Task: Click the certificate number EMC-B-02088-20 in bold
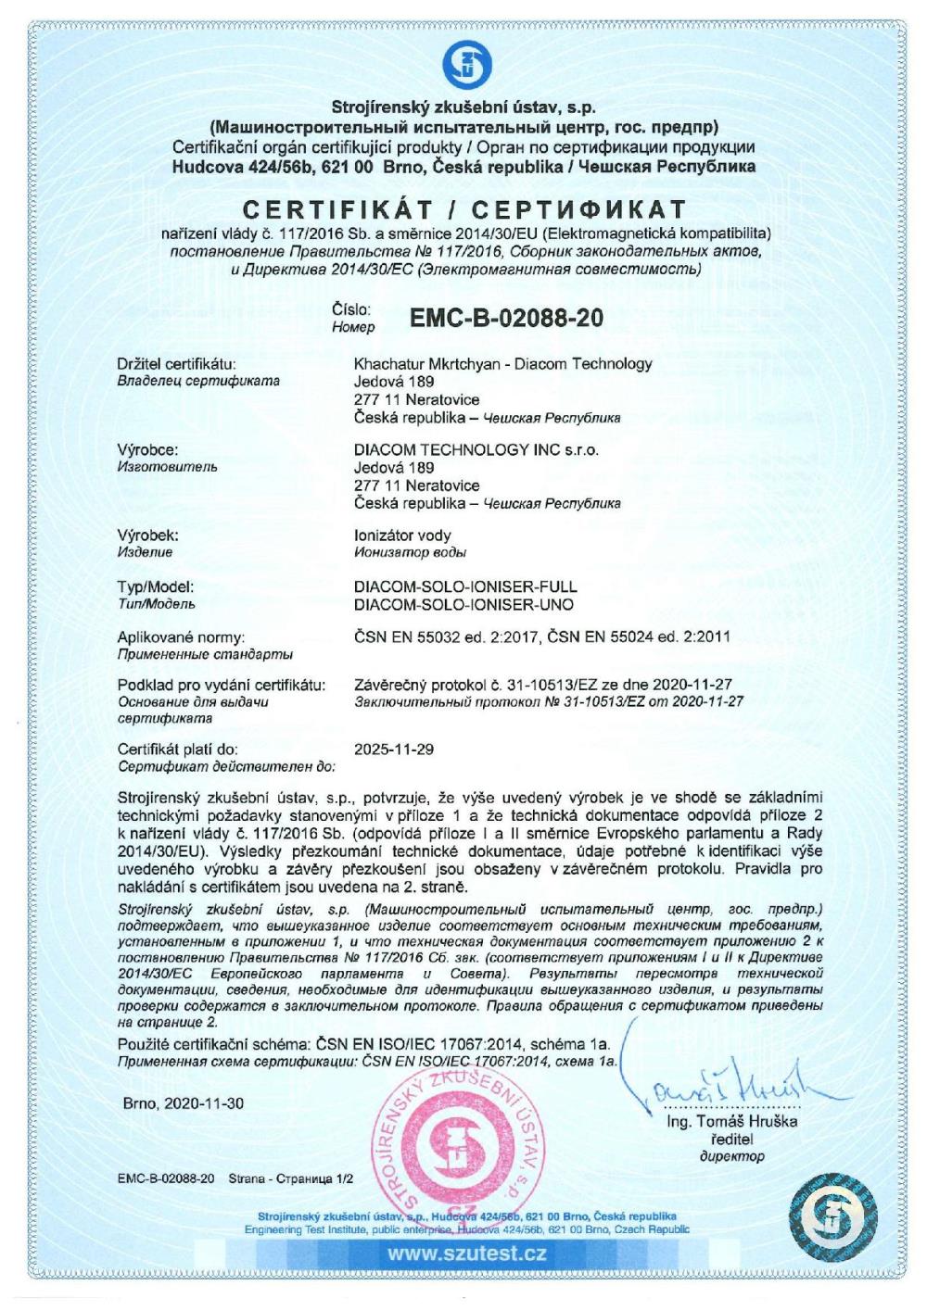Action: (x=505, y=318)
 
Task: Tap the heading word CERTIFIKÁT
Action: (x=353, y=208)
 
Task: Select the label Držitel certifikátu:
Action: (x=176, y=363)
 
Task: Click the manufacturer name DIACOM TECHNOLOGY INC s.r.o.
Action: (x=476, y=449)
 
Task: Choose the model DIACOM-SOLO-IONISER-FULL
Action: (x=465, y=586)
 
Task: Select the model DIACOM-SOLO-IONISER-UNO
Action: (x=463, y=604)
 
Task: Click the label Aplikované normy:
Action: (x=181, y=637)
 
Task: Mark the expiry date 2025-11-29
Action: (x=394, y=749)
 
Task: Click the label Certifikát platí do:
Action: (x=178, y=749)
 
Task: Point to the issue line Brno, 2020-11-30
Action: (x=184, y=1103)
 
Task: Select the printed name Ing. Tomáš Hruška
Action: (x=731, y=1122)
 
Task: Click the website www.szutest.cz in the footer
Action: (x=466, y=1254)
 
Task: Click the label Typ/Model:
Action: (x=155, y=586)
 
